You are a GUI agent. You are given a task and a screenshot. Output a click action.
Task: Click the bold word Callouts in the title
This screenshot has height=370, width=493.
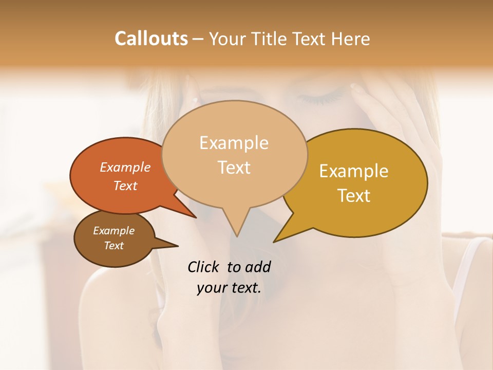[x=151, y=39]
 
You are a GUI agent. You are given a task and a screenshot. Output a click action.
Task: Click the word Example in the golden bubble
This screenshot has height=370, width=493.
[x=354, y=171]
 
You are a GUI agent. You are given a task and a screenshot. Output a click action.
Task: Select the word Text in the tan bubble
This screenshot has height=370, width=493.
[x=234, y=167]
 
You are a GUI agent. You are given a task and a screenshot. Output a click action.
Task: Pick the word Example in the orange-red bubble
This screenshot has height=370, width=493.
[x=125, y=167]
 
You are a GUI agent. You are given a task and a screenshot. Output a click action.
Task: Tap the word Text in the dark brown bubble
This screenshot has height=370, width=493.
[x=114, y=246]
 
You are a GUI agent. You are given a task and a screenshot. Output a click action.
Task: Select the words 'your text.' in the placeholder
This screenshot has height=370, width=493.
[x=229, y=288]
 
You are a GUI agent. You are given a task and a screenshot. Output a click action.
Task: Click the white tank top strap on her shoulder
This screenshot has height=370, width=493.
[x=465, y=267]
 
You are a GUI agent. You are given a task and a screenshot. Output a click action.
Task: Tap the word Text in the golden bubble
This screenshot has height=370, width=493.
[x=354, y=195]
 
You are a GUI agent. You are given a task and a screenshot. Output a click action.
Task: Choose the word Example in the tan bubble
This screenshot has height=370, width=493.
[x=234, y=143]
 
